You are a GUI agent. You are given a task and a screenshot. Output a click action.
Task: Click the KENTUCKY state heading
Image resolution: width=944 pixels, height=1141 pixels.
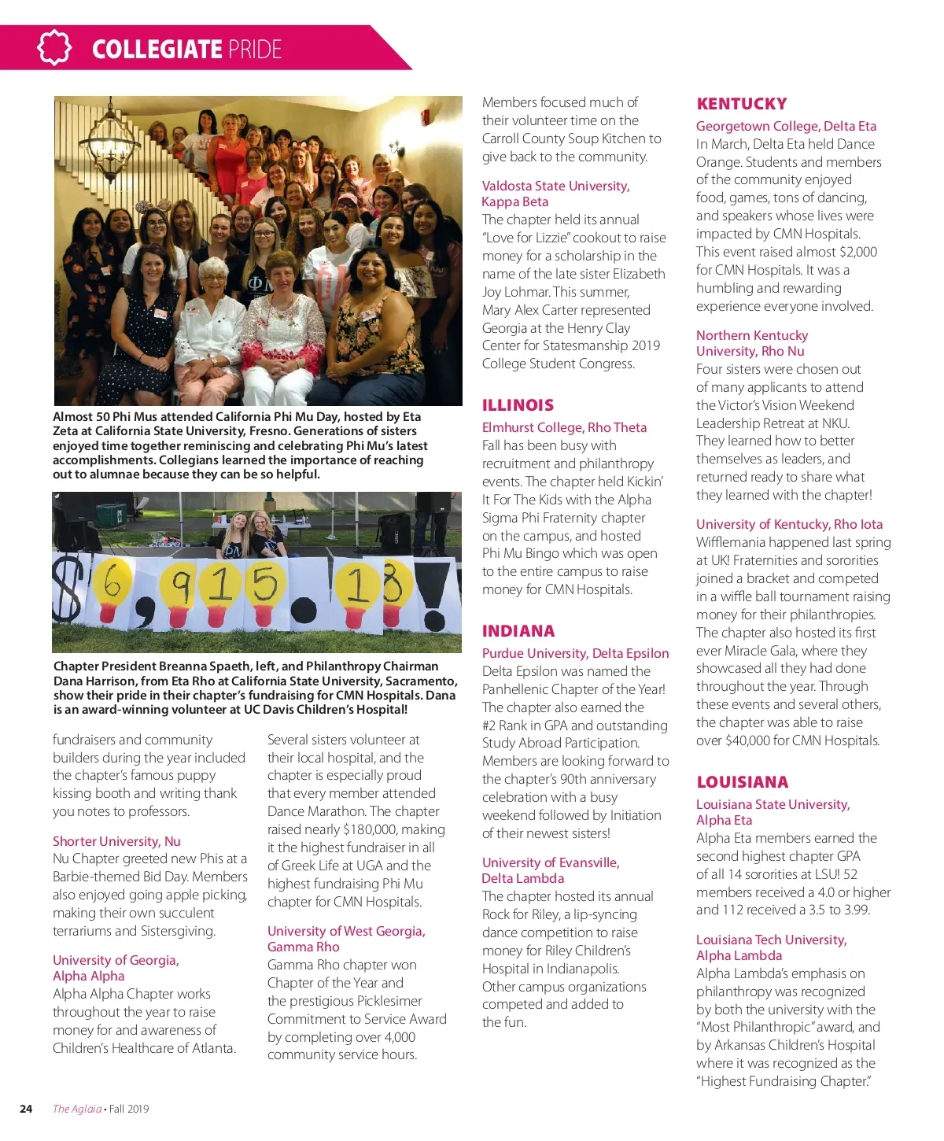741,104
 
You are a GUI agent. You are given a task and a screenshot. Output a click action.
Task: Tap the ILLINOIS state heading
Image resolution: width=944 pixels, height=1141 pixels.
518,405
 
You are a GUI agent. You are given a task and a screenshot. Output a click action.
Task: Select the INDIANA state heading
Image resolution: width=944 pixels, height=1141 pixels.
518,631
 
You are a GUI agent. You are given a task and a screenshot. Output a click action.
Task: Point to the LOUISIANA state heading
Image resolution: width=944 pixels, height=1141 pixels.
742,782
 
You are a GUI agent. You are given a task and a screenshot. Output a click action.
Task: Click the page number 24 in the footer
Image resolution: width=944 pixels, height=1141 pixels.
26,1109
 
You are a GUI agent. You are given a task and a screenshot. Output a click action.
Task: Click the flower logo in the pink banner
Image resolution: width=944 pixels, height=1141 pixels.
53,48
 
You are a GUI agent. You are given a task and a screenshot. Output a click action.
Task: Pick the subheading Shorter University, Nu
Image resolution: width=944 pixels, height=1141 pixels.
116,841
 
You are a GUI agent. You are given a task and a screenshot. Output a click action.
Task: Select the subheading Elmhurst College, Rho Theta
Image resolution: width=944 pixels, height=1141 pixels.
564,427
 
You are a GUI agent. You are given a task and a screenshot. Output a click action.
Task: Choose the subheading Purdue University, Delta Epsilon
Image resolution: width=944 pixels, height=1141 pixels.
575,653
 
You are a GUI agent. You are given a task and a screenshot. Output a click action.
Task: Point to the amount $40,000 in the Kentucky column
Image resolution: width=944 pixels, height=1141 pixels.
737,740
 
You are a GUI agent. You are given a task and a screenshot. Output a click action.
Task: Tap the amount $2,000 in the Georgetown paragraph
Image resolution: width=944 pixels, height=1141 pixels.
857,252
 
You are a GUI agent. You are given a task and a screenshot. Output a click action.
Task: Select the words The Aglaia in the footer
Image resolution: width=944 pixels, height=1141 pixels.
77,1109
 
